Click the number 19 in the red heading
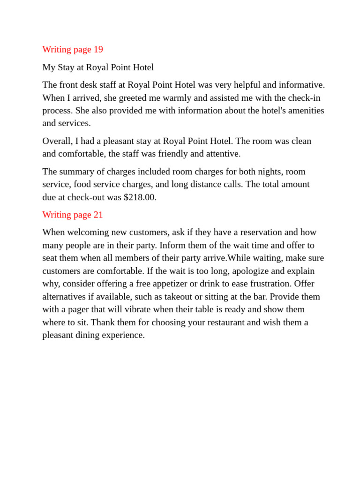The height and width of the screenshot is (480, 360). pos(98,49)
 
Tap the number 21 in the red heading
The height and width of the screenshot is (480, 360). pos(98,215)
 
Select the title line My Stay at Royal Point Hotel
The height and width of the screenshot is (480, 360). pos(98,67)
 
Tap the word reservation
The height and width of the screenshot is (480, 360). pos(261,232)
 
